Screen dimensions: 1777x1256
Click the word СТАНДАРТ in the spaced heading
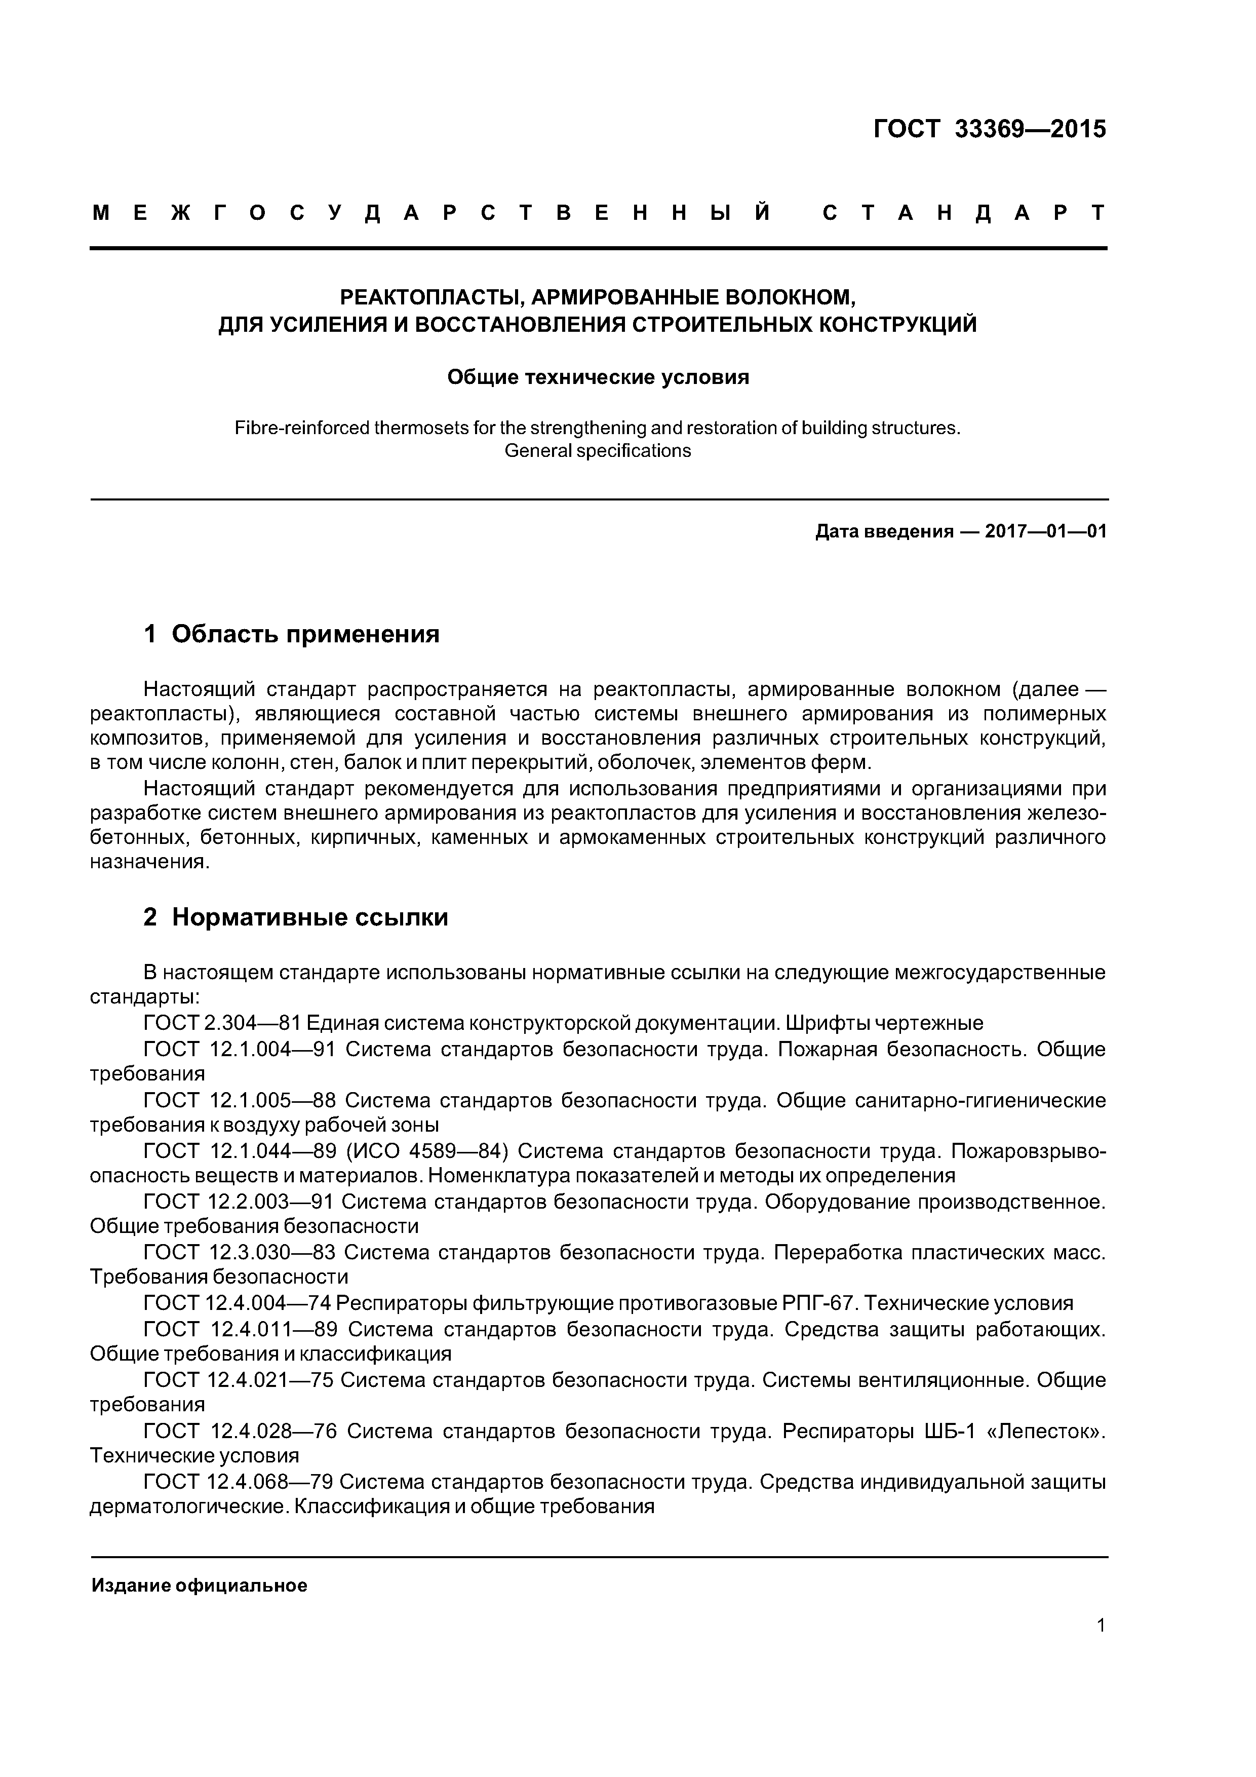point(963,213)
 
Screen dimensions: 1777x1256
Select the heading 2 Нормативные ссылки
point(296,917)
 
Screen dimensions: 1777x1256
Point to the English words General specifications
point(598,450)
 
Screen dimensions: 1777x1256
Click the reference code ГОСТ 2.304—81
point(222,1024)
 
